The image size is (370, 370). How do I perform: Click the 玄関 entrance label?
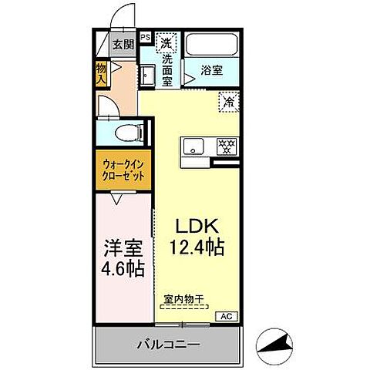click(123, 44)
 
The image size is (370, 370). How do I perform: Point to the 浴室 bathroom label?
click(212, 69)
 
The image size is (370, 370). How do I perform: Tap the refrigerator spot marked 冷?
click(228, 100)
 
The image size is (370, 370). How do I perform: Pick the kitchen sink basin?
click(193, 144)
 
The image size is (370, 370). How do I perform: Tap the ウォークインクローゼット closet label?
click(123, 169)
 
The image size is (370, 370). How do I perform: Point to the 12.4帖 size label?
click(197, 247)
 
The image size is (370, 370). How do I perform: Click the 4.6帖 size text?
click(123, 271)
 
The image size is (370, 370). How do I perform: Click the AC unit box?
click(227, 316)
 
